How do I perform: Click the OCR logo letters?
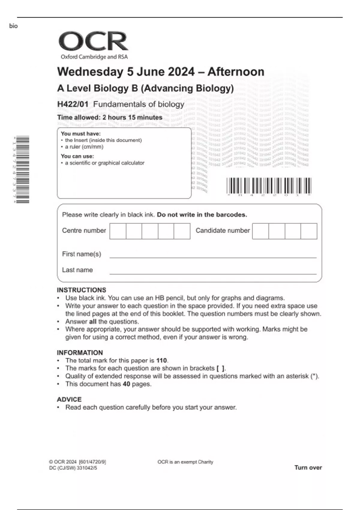[x=93, y=41]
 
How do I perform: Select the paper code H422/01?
[x=73, y=104]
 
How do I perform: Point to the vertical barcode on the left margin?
[x=22, y=169]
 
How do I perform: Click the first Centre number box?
[x=118, y=231]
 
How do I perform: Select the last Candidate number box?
[x=309, y=231]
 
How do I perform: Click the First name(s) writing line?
[x=213, y=257]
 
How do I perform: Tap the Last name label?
[x=77, y=270]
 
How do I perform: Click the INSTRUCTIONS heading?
[x=82, y=290]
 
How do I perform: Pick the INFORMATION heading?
[x=80, y=353]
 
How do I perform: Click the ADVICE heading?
[x=69, y=400]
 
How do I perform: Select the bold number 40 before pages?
[x=126, y=384]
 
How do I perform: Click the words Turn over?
[x=308, y=467]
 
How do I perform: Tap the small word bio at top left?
[x=13, y=26]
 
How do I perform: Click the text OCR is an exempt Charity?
[x=185, y=462]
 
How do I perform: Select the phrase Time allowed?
[x=78, y=118]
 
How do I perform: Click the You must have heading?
[x=81, y=134]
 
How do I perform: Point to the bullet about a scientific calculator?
[x=104, y=163]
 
